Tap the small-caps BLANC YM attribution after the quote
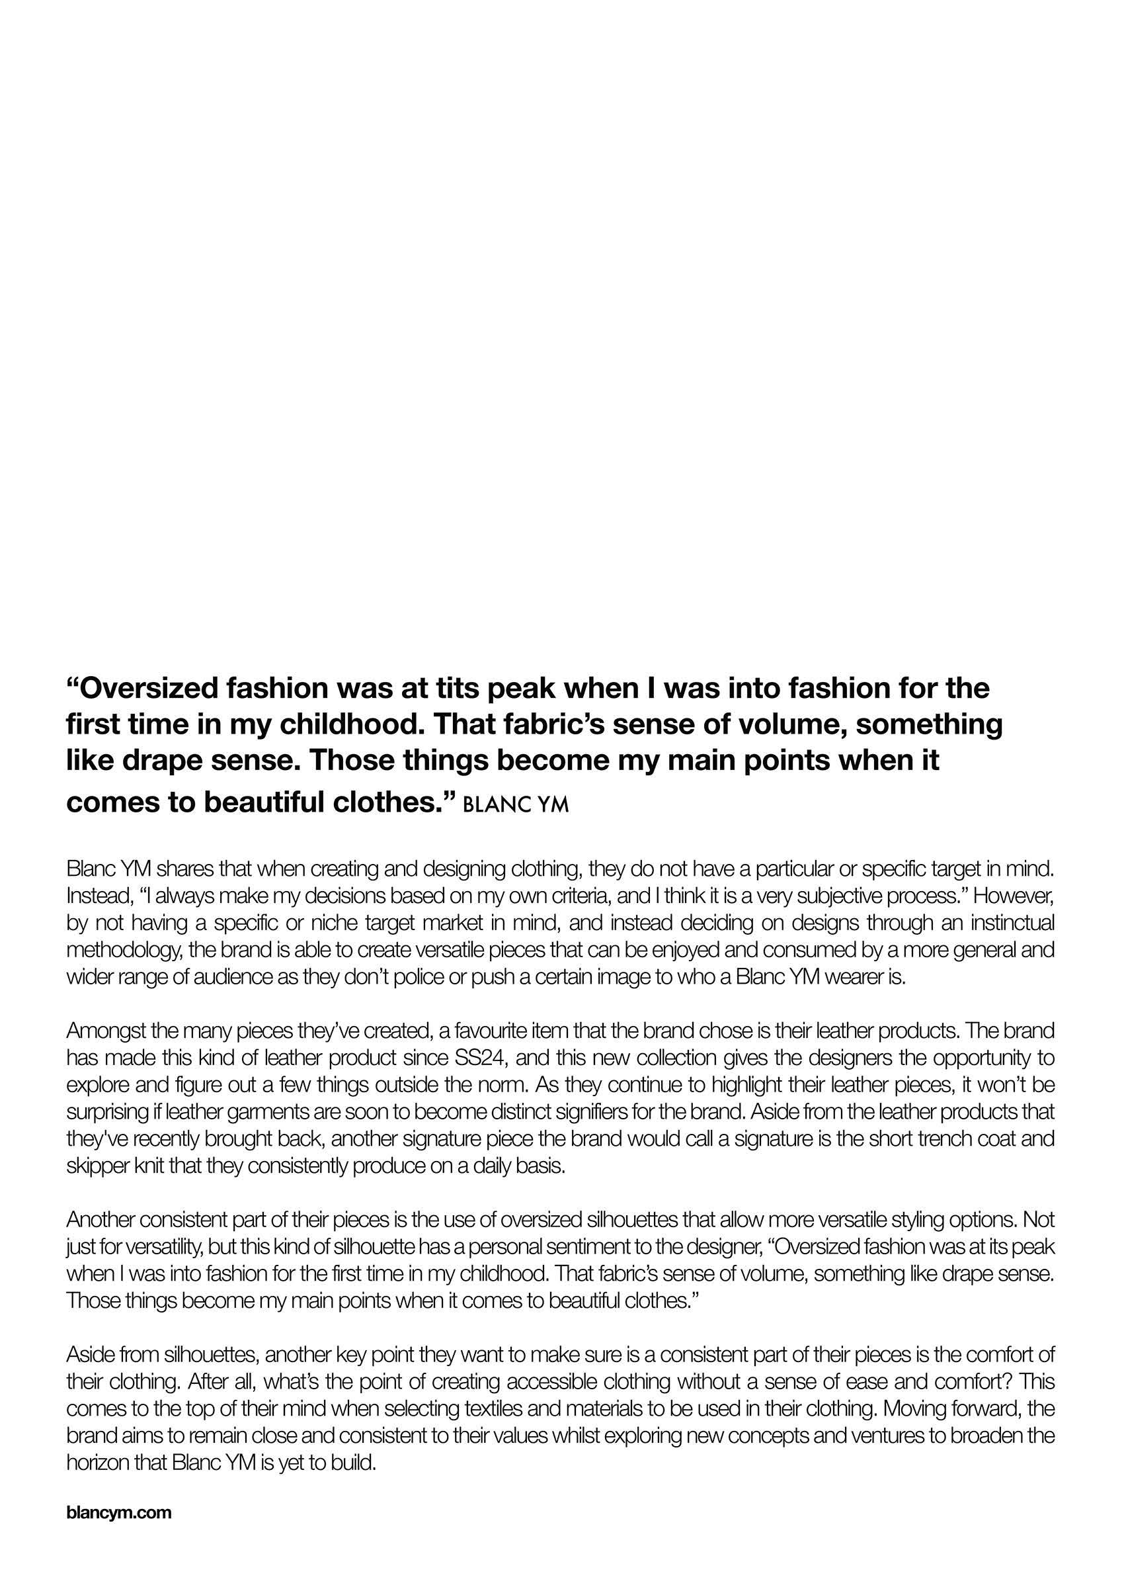coord(515,804)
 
